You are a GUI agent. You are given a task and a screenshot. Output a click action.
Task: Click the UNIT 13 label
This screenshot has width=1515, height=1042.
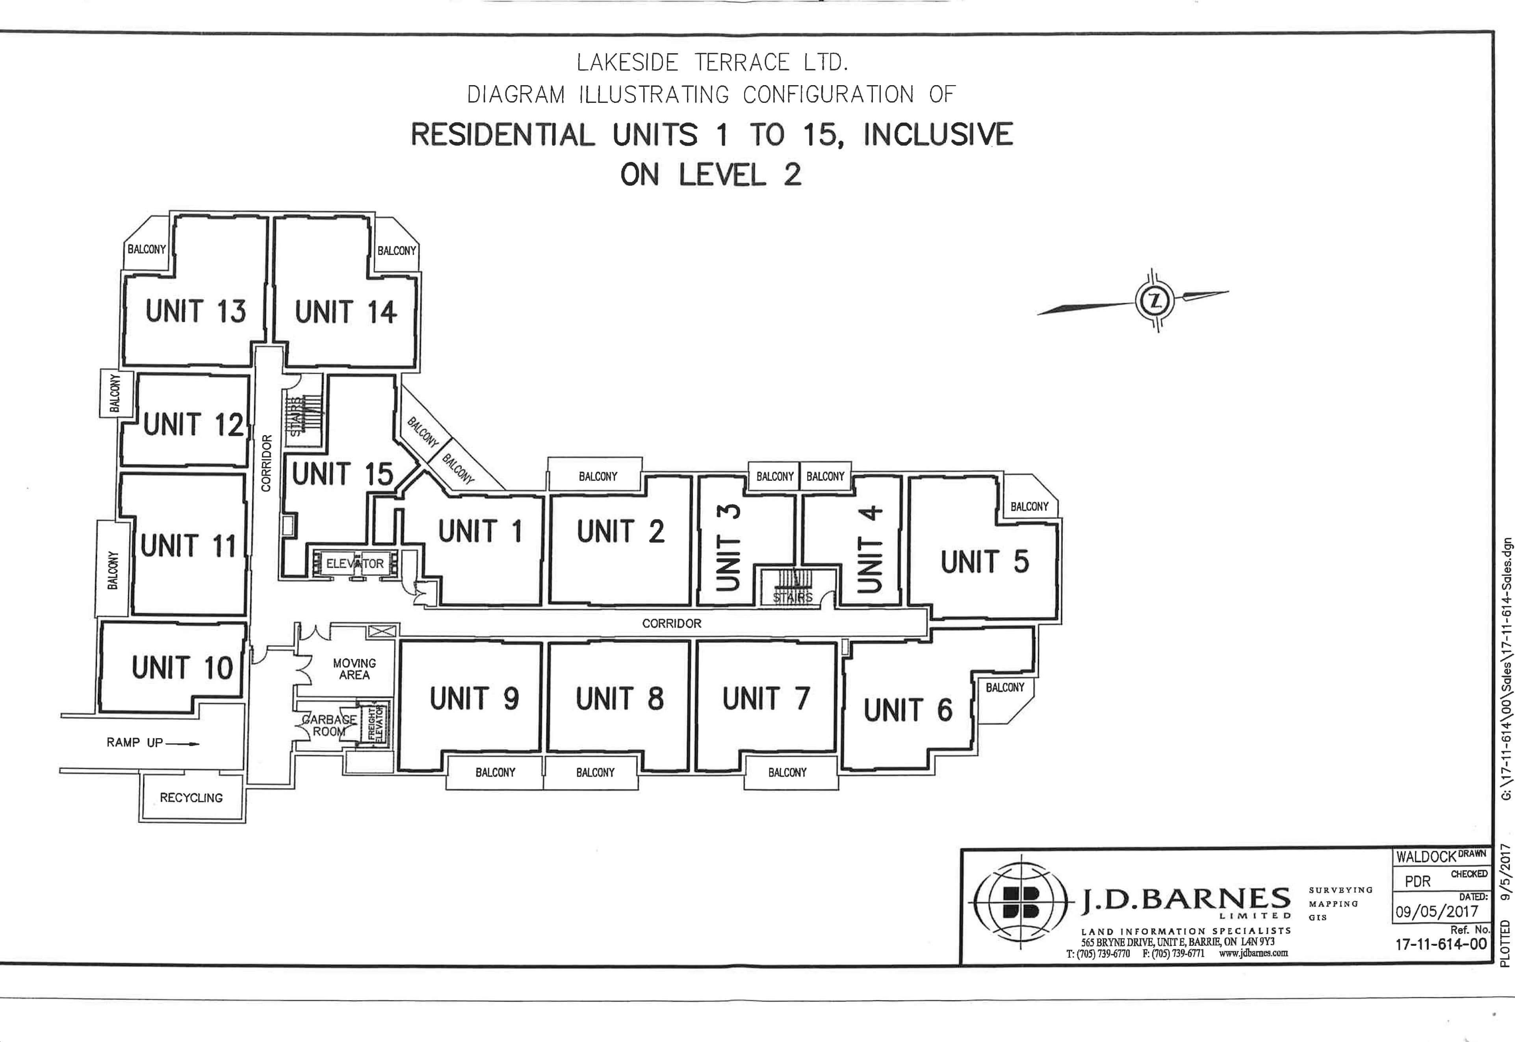coord(196,311)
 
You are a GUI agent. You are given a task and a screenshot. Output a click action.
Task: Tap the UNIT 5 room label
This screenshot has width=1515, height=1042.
coord(984,562)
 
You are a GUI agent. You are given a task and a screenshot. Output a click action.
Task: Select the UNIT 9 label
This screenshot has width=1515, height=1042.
coord(474,699)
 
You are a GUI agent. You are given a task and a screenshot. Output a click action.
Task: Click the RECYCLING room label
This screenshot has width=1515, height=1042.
coord(191,798)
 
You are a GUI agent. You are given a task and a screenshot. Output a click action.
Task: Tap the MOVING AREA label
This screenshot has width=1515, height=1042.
coord(354,669)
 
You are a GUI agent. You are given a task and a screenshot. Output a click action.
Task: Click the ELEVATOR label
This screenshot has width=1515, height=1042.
coord(355,564)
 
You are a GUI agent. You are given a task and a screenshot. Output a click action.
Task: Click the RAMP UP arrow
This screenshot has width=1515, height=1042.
coord(182,743)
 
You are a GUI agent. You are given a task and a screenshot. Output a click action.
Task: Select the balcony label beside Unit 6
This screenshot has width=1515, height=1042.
coord(1005,687)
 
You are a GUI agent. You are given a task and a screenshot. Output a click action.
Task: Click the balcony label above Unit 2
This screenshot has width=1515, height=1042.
coord(598,476)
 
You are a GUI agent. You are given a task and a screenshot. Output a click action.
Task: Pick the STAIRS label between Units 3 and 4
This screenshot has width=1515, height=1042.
coord(793,597)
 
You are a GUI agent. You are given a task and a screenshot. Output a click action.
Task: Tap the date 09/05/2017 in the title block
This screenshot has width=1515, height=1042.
coord(1437,911)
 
